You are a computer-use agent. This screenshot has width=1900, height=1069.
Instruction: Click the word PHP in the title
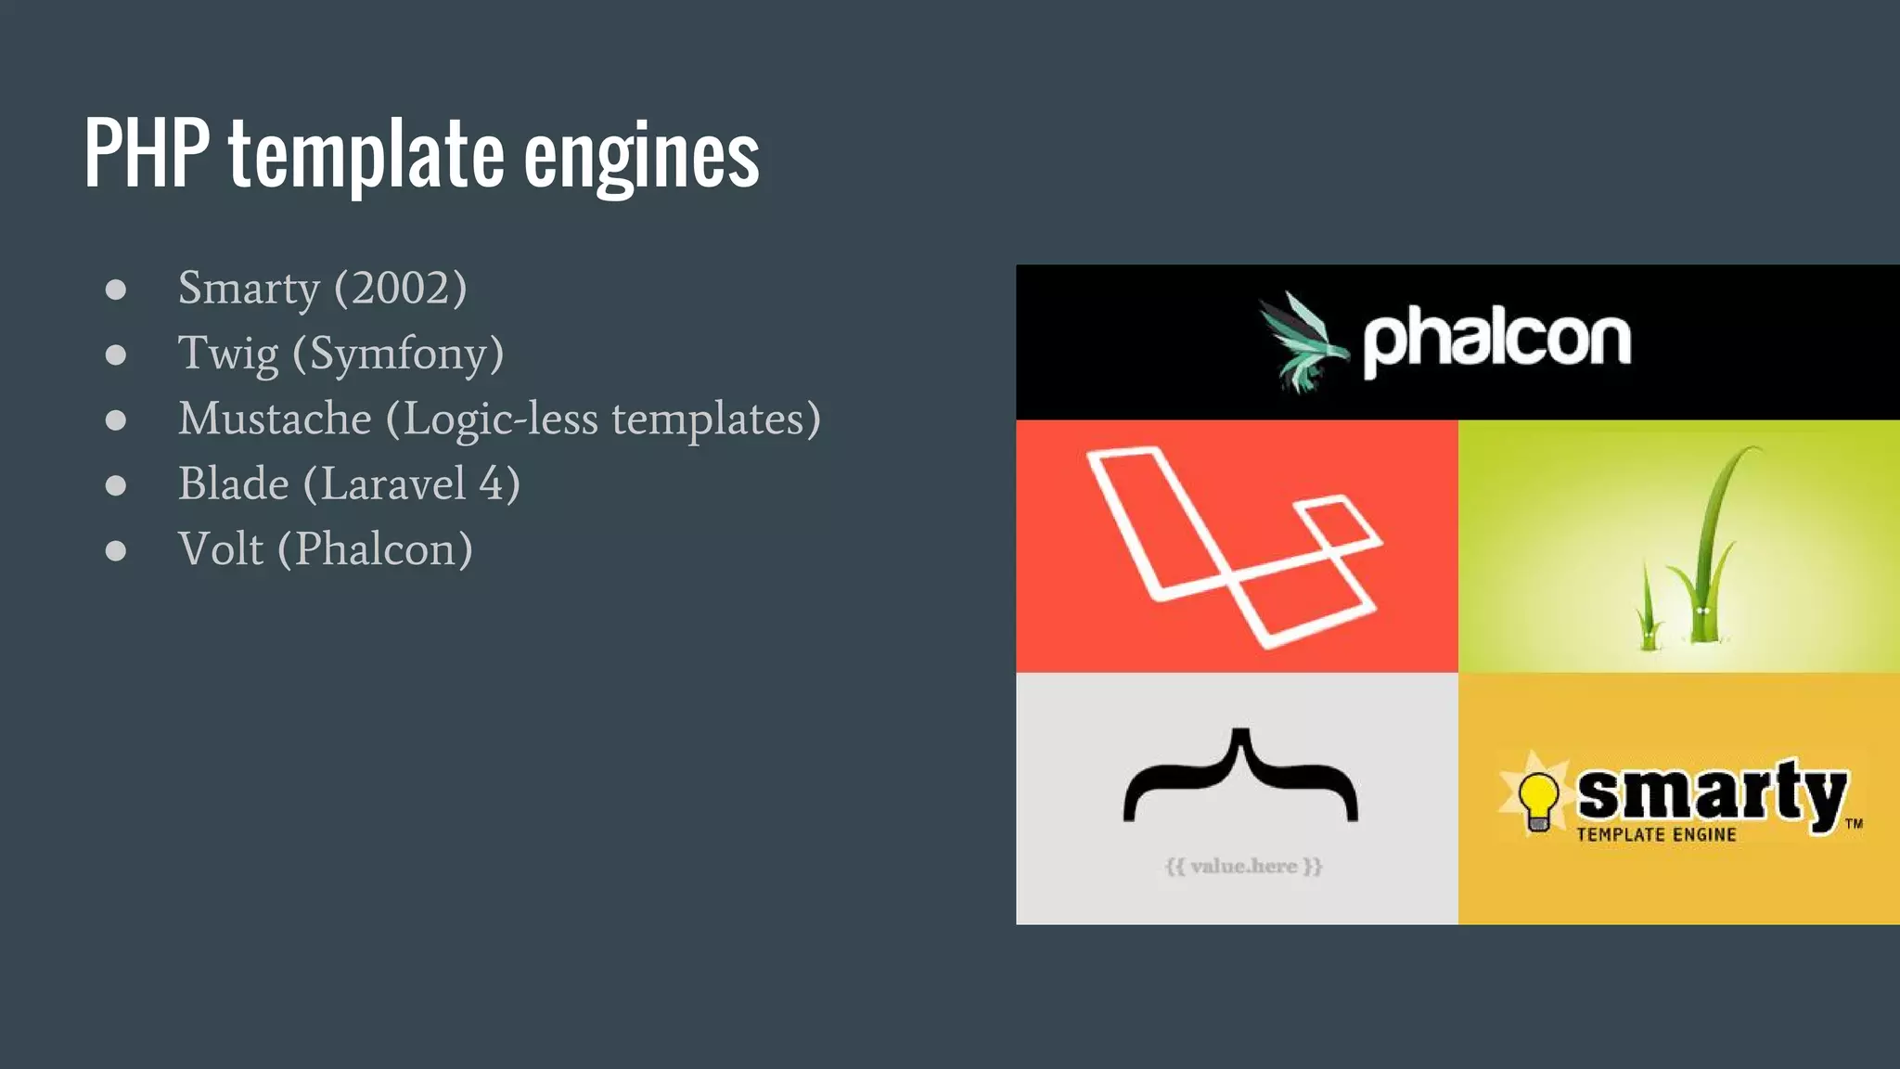point(147,153)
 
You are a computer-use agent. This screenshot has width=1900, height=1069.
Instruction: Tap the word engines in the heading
point(641,158)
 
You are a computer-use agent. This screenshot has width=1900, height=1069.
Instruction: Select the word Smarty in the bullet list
point(249,289)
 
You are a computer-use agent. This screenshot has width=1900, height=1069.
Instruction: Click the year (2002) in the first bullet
point(401,289)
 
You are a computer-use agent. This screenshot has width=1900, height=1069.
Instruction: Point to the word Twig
point(228,354)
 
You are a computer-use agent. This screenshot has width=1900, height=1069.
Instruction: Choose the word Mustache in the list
point(275,419)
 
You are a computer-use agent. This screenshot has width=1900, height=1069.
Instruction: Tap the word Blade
point(234,483)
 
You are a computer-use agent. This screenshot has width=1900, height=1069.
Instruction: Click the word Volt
point(221,549)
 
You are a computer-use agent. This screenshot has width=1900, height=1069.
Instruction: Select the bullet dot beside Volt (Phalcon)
point(116,550)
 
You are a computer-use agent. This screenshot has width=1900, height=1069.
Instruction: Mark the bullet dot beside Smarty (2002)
point(116,290)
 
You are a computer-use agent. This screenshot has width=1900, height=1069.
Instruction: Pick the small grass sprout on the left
point(1649,612)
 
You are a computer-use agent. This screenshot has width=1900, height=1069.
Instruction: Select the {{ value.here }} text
point(1243,867)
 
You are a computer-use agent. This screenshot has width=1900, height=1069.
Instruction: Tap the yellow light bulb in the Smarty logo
point(1537,798)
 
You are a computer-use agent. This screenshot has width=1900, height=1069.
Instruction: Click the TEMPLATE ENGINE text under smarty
point(1656,835)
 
